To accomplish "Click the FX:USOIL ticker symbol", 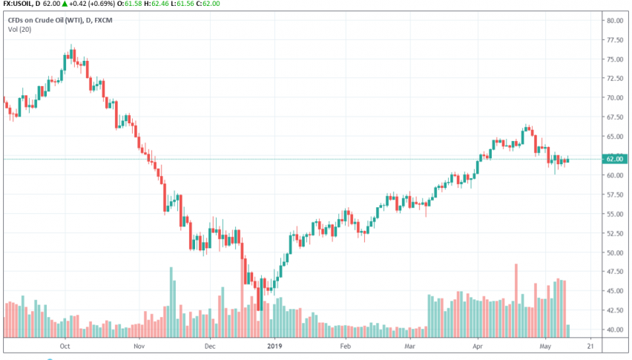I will coord(20,4).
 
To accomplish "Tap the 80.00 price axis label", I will coord(614,21).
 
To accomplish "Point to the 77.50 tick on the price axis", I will coord(614,40).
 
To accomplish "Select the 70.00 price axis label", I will coord(614,98).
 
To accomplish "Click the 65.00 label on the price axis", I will coord(614,137).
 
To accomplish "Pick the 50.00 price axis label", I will coord(614,252).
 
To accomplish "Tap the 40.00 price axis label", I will coord(614,330).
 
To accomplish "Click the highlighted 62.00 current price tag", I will coord(614,159).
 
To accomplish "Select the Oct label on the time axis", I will coord(65,346).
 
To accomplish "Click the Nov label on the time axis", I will coord(138,346).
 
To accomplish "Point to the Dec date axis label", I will coord(208,346).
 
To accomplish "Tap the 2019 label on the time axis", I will coord(275,346).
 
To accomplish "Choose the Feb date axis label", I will coord(345,346).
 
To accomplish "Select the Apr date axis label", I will coord(478,346).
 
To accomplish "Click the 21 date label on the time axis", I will coord(590,346).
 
